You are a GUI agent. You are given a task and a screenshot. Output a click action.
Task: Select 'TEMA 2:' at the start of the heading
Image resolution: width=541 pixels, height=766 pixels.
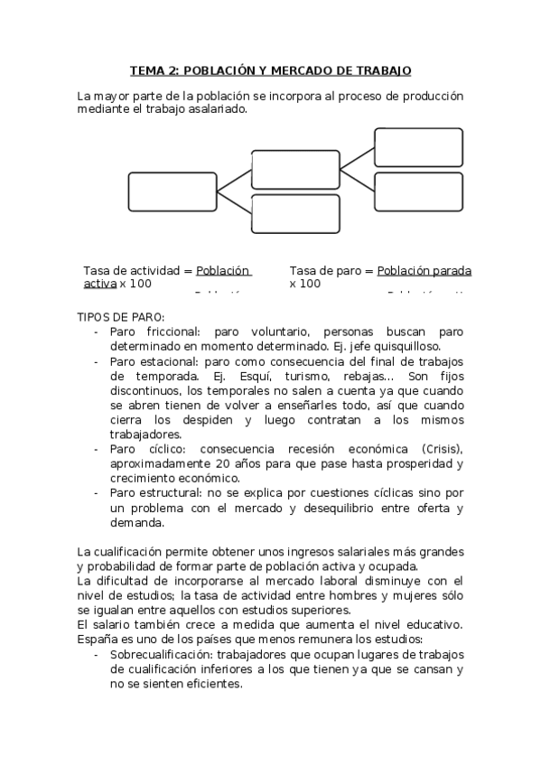[x=153, y=70]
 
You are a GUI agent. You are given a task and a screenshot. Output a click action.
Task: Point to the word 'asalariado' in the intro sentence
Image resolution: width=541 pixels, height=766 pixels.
[x=218, y=109]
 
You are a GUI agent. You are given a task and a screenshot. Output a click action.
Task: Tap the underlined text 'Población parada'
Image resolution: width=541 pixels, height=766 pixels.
[x=424, y=270]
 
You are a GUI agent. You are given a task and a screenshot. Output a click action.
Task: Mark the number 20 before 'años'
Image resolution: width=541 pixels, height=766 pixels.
[x=203, y=463]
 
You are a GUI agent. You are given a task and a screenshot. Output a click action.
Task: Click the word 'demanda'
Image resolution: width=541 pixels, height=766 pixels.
[x=137, y=522]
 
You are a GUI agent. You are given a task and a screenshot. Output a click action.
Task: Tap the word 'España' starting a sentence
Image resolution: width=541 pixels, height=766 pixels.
[x=98, y=640]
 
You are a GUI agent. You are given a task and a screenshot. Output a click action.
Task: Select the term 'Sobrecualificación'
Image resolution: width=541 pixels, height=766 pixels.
[x=163, y=654]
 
